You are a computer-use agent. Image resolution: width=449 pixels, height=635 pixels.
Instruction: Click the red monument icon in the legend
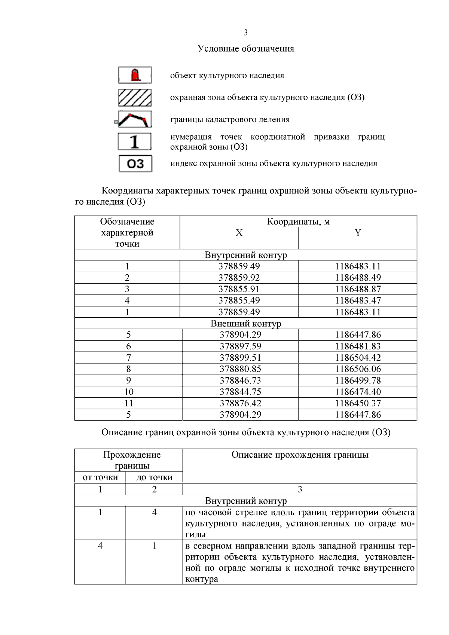click(x=135, y=75)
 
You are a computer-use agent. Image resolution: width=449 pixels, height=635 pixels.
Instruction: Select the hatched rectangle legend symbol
click(x=135, y=98)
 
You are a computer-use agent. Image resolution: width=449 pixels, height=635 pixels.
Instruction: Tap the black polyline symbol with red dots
click(x=135, y=119)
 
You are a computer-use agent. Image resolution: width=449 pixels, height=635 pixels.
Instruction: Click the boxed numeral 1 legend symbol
click(x=135, y=142)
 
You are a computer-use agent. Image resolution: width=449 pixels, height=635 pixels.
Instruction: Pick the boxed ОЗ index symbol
click(x=135, y=164)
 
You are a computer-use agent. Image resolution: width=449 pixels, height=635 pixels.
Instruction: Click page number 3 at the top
click(x=245, y=33)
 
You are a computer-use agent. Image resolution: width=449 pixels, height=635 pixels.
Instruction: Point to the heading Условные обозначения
click(x=245, y=49)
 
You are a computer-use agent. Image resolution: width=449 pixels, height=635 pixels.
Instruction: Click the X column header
click(x=239, y=233)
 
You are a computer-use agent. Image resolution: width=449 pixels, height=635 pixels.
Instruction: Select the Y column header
click(x=358, y=233)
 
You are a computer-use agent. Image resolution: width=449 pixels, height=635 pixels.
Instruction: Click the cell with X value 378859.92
click(x=239, y=278)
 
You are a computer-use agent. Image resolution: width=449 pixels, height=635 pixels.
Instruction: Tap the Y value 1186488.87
click(x=358, y=289)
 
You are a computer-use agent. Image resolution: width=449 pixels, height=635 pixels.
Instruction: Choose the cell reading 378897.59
click(x=240, y=346)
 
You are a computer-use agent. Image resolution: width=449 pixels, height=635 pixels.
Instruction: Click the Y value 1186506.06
click(x=358, y=369)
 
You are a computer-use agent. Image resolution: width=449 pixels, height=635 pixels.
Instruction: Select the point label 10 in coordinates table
click(x=129, y=392)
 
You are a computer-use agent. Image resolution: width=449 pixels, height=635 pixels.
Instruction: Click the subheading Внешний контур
click(x=245, y=323)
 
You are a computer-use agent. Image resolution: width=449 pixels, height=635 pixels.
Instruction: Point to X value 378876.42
click(x=240, y=403)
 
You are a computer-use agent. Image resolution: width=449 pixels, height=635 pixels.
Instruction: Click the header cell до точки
click(x=154, y=477)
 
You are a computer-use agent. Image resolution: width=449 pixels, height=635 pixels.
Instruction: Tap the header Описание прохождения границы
click(x=300, y=455)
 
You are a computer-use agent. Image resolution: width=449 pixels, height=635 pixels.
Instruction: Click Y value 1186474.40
click(x=358, y=392)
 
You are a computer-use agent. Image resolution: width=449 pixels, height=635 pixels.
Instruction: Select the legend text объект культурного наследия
click(x=227, y=76)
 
